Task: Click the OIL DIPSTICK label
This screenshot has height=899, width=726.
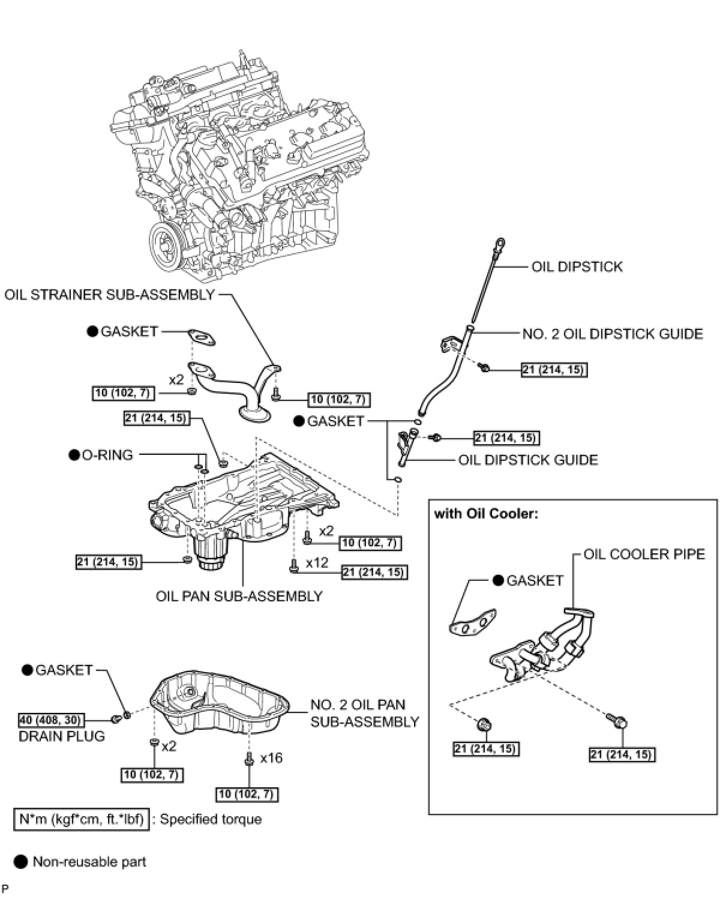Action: pos(577,266)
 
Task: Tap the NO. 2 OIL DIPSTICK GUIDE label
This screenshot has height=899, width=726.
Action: pos(612,334)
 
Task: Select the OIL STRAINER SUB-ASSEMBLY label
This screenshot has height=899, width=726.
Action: pos(109,294)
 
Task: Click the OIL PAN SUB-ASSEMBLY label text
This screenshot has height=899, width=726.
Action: pos(239,596)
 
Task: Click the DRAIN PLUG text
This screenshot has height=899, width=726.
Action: pos(62,736)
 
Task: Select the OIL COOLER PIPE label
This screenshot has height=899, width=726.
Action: pos(644,553)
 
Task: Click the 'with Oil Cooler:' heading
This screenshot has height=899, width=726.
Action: pos(484,514)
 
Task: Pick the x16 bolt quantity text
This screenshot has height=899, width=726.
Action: pos(271,758)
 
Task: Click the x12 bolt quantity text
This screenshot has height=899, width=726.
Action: pos(317,562)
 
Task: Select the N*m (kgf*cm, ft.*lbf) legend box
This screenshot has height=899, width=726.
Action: pos(81,819)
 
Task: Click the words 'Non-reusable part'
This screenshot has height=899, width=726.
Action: pos(89,862)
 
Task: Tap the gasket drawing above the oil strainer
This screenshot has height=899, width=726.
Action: pos(200,338)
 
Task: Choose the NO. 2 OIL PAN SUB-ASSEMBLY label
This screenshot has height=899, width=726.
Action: pos(364,713)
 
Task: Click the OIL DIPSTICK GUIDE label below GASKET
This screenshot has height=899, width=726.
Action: pos(528,460)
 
